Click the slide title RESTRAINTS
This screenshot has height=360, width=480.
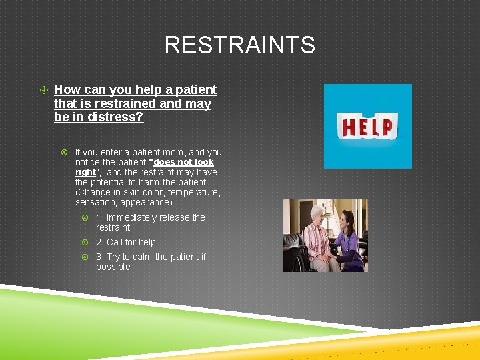(x=239, y=45)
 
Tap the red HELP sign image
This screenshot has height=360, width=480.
(x=367, y=126)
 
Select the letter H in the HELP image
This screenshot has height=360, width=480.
(x=347, y=127)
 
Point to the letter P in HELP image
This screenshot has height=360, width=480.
(x=387, y=126)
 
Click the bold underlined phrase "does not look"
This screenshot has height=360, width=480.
(x=183, y=162)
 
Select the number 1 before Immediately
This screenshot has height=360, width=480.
(x=99, y=217)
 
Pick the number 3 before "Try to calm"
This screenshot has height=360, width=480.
(x=99, y=257)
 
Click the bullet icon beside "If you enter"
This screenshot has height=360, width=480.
(x=65, y=153)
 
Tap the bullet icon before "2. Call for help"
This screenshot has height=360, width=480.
(x=85, y=243)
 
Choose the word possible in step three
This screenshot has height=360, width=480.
(x=113, y=267)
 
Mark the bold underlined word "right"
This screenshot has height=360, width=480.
(x=85, y=172)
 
